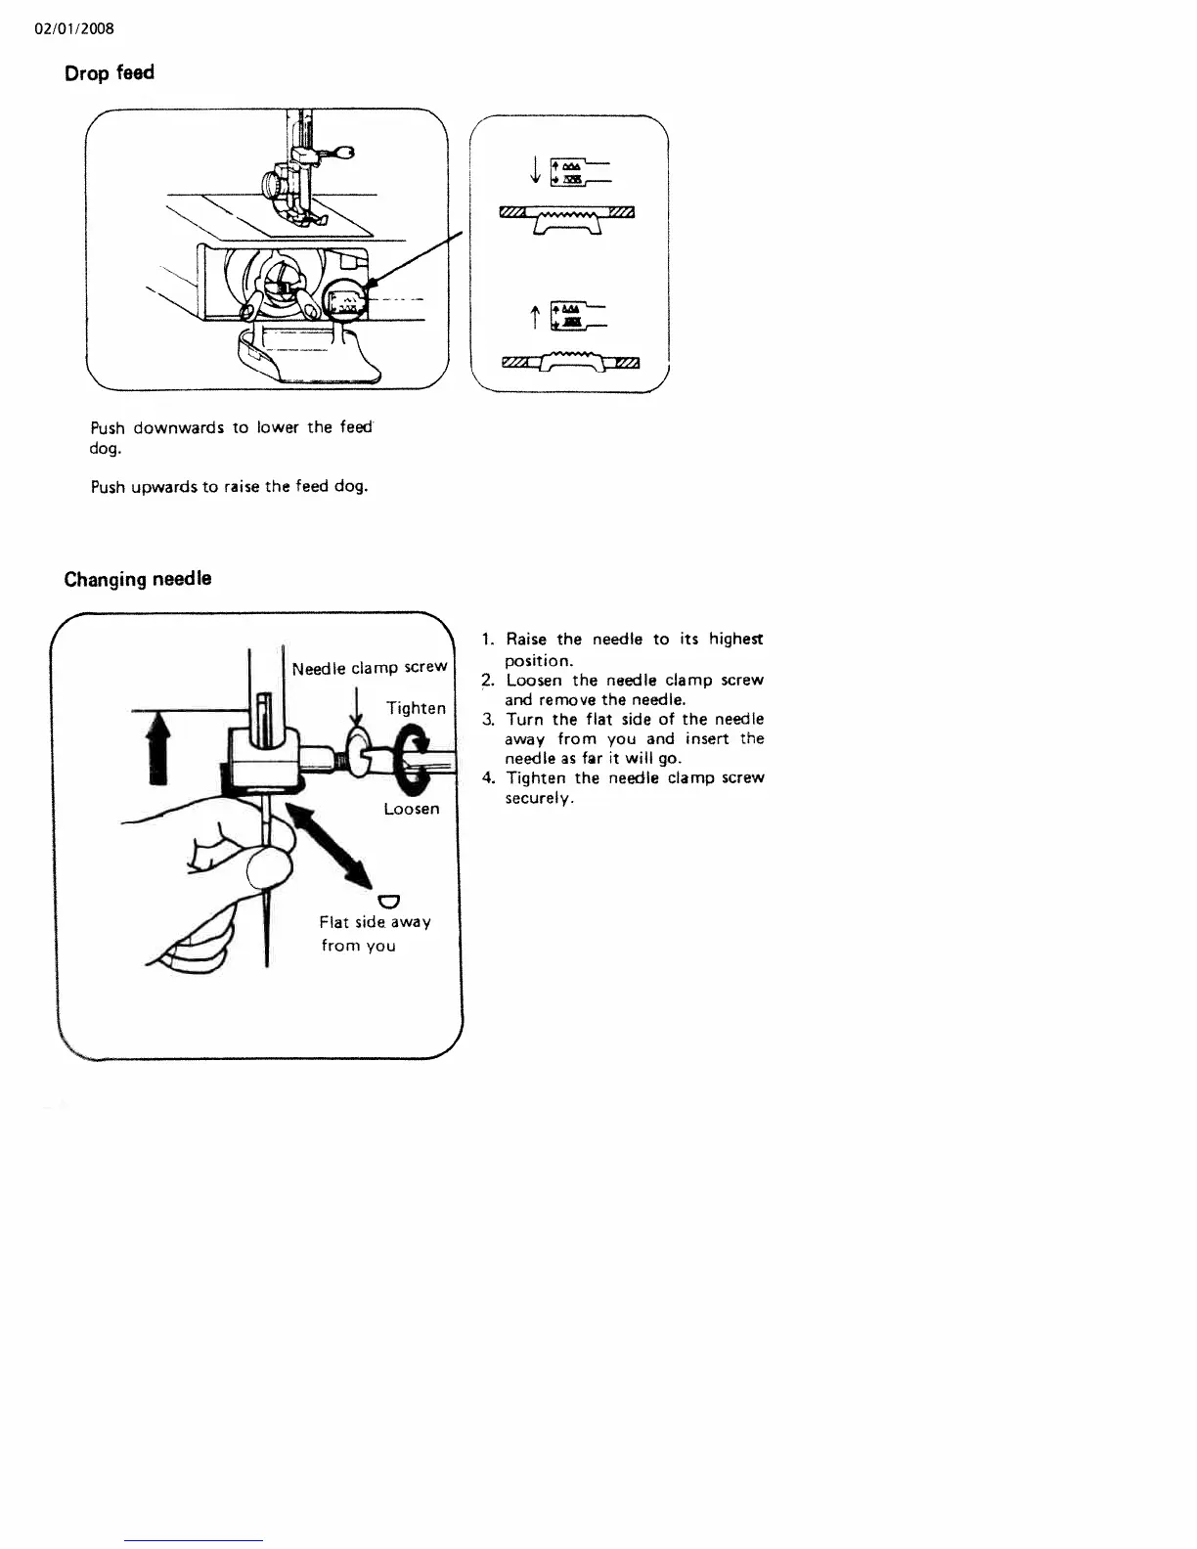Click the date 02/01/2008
[74, 28]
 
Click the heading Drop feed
[109, 73]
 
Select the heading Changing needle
[137, 579]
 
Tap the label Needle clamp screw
[370, 668]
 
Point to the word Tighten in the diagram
[416, 708]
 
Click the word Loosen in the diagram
[411, 809]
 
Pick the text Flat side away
[375, 922]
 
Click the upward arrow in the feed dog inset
[535, 317]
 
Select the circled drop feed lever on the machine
[345, 302]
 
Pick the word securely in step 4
[537, 798]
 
